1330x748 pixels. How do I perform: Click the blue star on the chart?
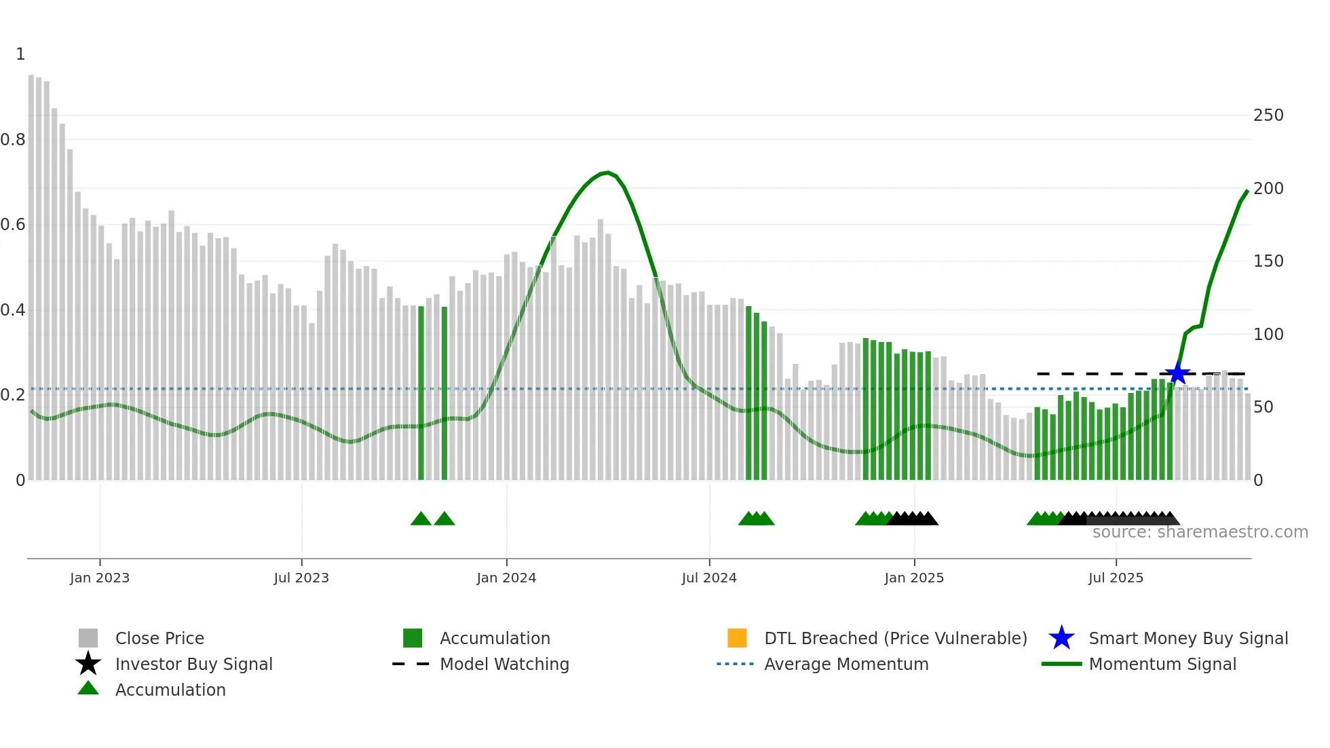pyautogui.click(x=1177, y=373)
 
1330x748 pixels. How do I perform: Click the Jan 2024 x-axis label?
pyautogui.click(x=506, y=578)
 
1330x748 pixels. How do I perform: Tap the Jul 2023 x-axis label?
pyautogui.click(x=301, y=578)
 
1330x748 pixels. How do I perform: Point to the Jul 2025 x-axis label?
pyautogui.click(x=1116, y=578)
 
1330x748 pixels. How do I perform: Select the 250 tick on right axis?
pyautogui.click(x=1268, y=115)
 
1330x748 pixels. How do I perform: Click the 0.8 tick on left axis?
pyautogui.click(x=13, y=140)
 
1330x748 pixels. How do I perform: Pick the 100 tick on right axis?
pyautogui.click(x=1268, y=335)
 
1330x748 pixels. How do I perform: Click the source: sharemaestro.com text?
pyautogui.click(x=1200, y=532)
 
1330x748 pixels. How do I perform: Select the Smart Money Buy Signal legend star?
pyautogui.click(x=1061, y=638)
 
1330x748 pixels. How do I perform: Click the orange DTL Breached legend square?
pyautogui.click(x=737, y=638)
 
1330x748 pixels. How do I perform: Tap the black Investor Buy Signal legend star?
pyautogui.click(x=88, y=664)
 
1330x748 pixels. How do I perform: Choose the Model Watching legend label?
pyautogui.click(x=504, y=664)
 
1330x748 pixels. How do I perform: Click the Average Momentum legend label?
pyautogui.click(x=846, y=664)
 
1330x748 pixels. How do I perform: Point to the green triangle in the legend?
pyautogui.click(x=88, y=688)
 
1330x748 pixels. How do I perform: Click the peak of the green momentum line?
pyautogui.click(x=607, y=172)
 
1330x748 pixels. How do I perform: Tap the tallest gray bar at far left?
pyautogui.click(x=31, y=272)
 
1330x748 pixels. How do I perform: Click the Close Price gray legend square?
pyautogui.click(x=88, y=638)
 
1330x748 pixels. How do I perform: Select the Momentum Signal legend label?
pyautogui.click(x=1162, y=664)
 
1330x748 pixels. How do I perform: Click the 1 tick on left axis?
pyautogui.click(x=20, y=54)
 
